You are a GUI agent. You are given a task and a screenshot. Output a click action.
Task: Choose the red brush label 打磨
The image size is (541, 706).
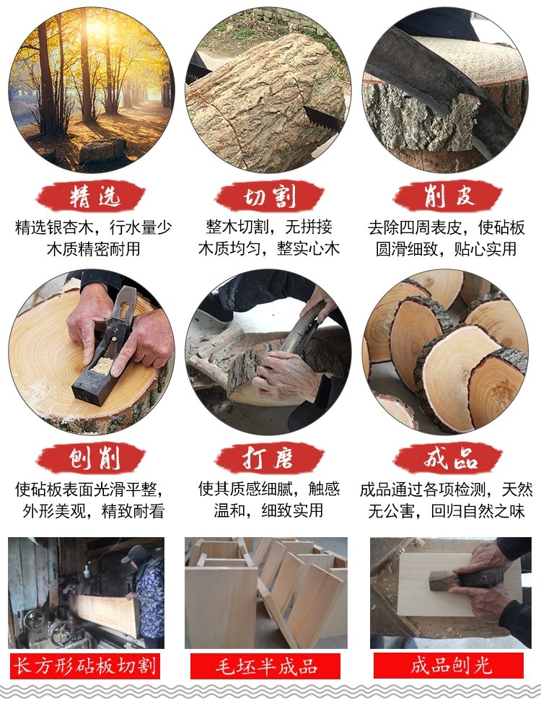pyautogui.click(x=269, y=458)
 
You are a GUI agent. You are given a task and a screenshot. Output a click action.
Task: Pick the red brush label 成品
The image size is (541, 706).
pyautogui.click(x=447, y=458)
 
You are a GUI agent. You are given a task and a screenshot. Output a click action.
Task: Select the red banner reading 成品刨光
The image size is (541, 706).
pyautogui.click(x=449, y=666)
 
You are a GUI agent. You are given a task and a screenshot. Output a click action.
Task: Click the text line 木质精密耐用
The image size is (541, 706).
pyautogui.click(x=94, y=248)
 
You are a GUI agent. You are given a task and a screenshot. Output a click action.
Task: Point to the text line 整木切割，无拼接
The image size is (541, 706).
pyautogui.click(x=269, y=227)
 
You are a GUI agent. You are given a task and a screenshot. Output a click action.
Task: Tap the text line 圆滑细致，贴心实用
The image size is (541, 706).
pyautogui.click(x=446, y=248)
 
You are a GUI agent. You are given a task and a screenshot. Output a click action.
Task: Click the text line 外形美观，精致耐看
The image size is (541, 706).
pyautogui.click(x=94, y=511)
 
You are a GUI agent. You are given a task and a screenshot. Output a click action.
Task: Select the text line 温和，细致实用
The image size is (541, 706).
pyautogui.click(x=268, y=510)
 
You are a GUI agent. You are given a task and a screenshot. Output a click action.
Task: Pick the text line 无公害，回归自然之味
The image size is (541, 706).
pyautogui.click(x=447, y=511)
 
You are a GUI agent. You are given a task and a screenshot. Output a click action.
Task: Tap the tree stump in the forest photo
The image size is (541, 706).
pyautogui.click(x=102, y=151)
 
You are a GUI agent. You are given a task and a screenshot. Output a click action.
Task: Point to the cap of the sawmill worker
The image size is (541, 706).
pyautogui.click(x=131, y=554)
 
